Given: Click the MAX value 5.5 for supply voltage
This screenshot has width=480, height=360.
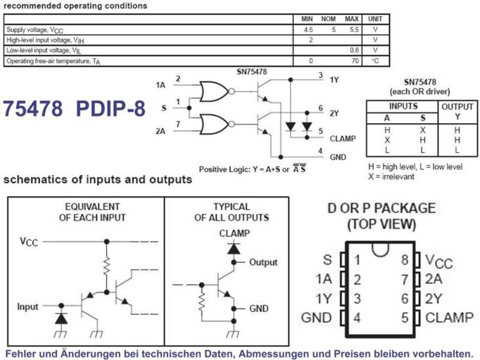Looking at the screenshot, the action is point(354,29).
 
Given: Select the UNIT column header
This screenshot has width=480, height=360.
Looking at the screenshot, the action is point(375,19).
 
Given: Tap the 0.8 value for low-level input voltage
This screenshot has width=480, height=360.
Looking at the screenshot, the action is point(354,50).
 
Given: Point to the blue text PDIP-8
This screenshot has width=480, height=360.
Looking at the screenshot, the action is point(110,109).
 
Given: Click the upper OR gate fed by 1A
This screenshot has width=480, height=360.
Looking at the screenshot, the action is point(214,91).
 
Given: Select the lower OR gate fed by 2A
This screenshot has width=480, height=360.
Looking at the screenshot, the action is point(214,124).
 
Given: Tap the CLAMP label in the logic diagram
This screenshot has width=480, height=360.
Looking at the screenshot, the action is point(343,139).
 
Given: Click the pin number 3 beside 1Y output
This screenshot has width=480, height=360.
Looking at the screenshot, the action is point(320,75).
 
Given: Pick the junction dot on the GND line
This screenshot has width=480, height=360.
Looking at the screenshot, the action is point(281,157).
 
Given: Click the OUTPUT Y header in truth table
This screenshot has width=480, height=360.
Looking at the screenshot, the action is point(457,112).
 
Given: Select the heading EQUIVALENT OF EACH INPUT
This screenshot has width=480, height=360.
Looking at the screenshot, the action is point(92,212).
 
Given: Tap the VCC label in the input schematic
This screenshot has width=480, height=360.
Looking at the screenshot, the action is point(29,242).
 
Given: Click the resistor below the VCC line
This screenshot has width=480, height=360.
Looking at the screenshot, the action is point(107,266).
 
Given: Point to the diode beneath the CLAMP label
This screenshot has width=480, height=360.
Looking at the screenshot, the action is point(233,248).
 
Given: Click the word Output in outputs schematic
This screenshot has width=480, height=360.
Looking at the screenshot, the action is point(263,262).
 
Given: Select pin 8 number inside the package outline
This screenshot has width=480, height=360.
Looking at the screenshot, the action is point(404,260).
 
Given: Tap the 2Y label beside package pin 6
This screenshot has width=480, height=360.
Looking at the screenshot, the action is point(433,298).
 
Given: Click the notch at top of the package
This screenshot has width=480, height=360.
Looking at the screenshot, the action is point(380,249).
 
